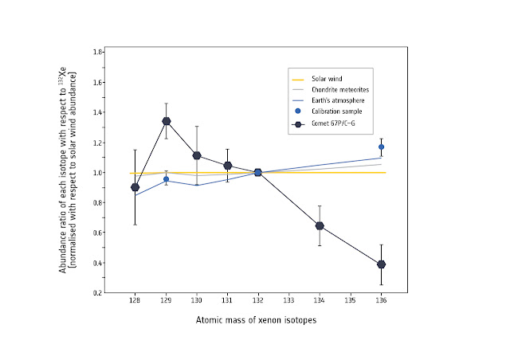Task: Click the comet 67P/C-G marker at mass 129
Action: tap(166, 121)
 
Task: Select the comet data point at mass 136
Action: tap(382, 264)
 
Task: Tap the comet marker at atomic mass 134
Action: tap(320, 225)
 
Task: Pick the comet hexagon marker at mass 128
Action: tap(135, 187)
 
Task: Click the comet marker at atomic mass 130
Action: tap(197, 155)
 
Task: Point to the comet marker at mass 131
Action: tap(227, 166)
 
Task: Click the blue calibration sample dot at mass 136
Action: tap(382, 147)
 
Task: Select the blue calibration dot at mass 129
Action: tap(166, 179)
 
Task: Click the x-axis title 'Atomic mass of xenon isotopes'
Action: tap(257, 320)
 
